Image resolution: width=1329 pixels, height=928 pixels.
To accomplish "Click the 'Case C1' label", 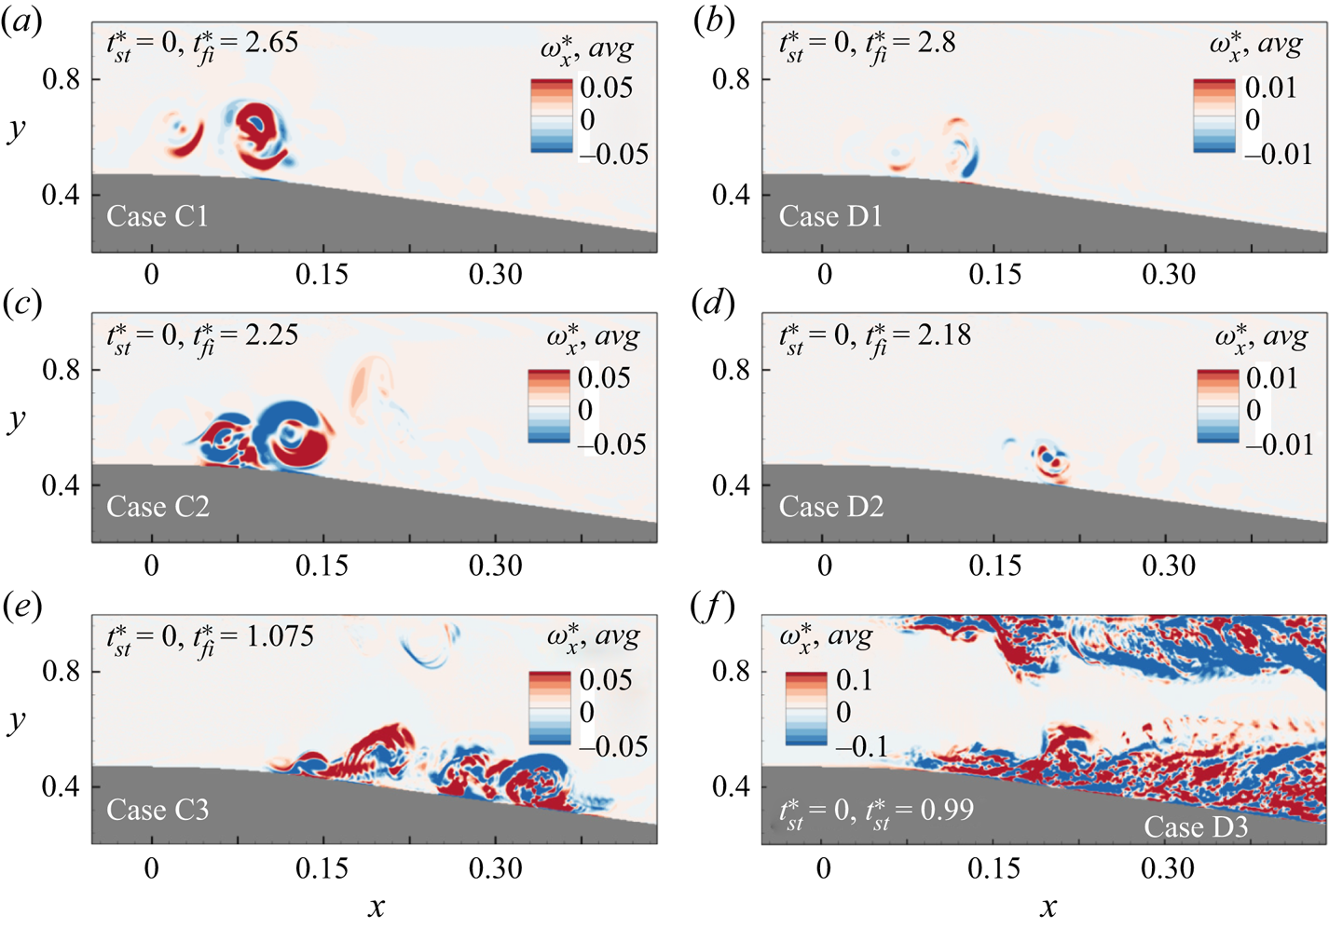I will pos(158,216).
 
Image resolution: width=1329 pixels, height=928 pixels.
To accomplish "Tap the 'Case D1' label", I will pos(830,216).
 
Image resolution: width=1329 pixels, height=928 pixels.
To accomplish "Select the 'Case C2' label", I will pos(158,507).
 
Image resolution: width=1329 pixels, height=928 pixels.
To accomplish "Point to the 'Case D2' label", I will pos(830,507).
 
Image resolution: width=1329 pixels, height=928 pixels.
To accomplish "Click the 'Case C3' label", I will pos(158,810).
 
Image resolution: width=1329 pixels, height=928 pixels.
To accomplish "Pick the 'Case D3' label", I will pos(1195,826).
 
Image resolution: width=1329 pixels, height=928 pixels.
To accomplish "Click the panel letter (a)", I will pos(21,21).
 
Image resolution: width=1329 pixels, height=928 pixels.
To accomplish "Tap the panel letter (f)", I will pos(712,607).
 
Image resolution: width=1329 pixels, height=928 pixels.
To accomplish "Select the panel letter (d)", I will pos(713,304).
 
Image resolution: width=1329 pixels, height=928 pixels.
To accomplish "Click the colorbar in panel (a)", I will pos(551,116).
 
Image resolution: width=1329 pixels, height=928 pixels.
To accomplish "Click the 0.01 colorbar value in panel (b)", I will pos(1270,88).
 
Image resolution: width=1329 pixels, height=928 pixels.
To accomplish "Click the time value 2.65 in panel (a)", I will pos(271,42).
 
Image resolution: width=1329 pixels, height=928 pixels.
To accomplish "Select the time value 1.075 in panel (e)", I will pos(280,635).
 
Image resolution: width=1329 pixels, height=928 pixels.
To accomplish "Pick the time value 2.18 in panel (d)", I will pos(944,334).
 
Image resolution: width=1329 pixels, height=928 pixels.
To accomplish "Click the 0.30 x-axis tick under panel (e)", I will pos(495,868).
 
